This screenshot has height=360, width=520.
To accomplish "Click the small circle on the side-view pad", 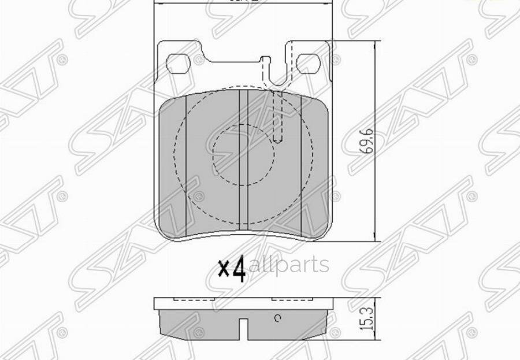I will coord(277,317).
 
